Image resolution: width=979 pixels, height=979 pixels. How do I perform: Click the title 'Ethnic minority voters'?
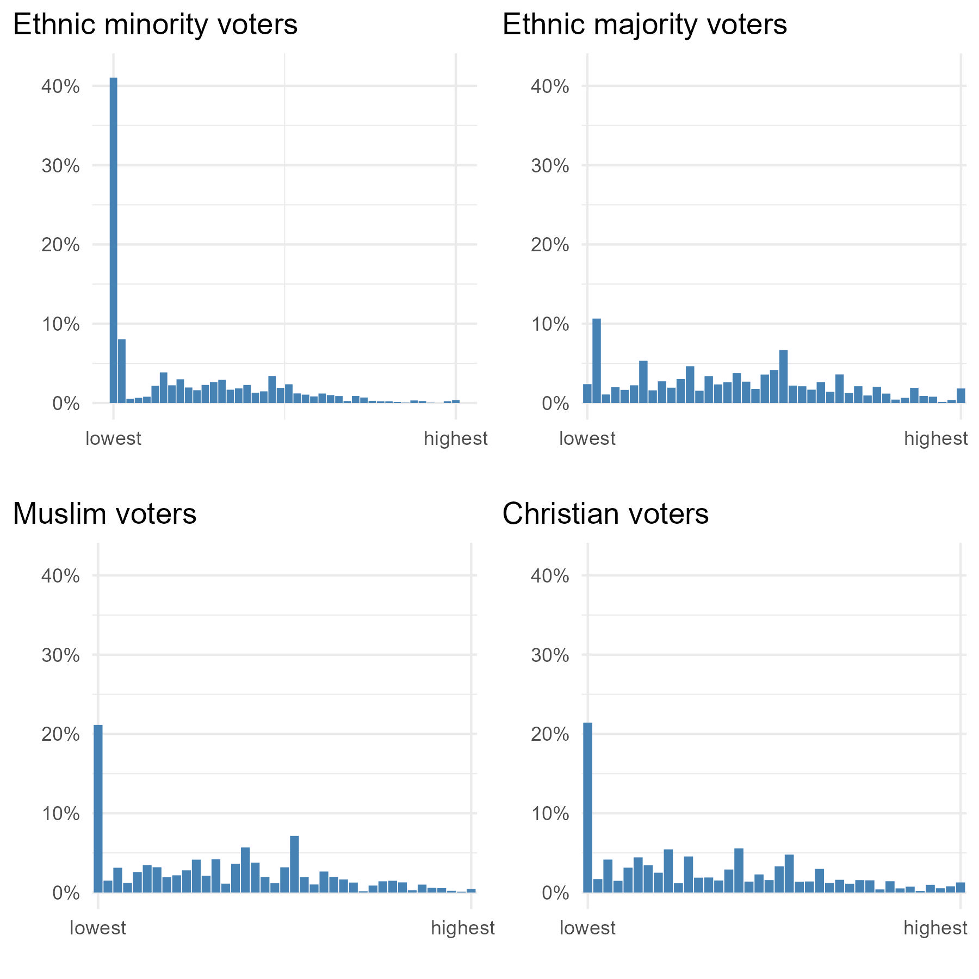click(x=155, y=24)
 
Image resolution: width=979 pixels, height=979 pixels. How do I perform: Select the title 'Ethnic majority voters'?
click(x=645, y=24)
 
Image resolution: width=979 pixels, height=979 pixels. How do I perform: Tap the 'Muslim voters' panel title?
click(x=104, y=514)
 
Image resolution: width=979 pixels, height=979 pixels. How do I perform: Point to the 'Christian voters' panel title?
click(x=605, y=514)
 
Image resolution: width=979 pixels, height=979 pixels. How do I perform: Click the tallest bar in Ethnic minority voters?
click(x=113, y=239)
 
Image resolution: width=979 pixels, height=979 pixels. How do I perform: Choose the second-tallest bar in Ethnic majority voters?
click(x=783, y=376)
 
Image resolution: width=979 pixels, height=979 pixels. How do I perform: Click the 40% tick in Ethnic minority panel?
click(x=60, y=86)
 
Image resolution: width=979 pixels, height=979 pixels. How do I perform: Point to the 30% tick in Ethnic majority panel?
click(x=550, y=166)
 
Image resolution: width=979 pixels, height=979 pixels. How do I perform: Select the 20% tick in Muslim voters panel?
click(x=60, y=734)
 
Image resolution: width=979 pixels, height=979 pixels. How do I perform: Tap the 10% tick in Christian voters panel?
click(x=550, y=814)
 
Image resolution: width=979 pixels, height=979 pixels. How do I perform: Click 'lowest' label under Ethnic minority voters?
click(x=113, y=438)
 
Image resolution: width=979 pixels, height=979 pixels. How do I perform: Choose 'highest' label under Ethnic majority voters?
click(x=935, y=438)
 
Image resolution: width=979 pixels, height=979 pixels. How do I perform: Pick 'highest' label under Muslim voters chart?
click(x=462, y=928)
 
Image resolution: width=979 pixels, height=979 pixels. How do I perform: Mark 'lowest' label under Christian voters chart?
click(x=587, y=928)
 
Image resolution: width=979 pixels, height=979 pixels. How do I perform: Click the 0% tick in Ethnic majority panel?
click(x=555, y=404)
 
